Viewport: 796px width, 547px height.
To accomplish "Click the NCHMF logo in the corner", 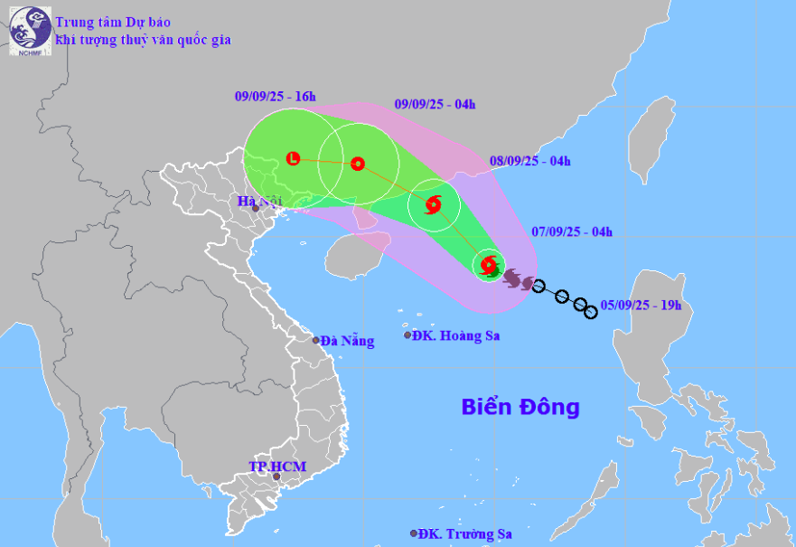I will point(30,31).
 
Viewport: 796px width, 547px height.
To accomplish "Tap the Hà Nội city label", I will point(256,202).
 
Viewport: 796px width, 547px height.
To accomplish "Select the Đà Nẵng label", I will point(346,341).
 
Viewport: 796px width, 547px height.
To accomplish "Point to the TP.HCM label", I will point(277,467).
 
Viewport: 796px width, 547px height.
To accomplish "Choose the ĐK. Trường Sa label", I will point(463,533).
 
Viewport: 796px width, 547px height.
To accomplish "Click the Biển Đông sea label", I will point(520,407).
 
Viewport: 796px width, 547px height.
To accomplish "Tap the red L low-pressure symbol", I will point(293,159).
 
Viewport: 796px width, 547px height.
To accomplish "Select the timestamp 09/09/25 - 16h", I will point(275,96).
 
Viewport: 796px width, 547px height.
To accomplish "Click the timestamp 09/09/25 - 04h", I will point(435,104).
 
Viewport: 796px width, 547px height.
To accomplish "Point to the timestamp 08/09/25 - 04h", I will point(530,162).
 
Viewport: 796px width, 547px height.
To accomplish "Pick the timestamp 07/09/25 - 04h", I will point(572,233).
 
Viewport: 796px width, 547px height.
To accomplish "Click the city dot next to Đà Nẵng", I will point(316,340).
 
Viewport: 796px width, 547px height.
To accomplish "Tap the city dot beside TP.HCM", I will point(276,477).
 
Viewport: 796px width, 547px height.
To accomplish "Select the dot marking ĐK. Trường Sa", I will point(414,533).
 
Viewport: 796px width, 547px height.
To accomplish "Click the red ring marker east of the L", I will point(358,164).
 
